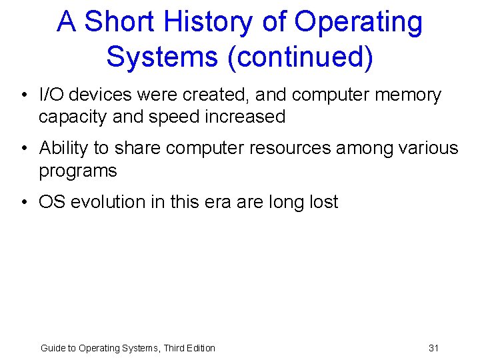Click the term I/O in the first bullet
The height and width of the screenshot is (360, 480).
pyautogui.click(x=52, y=95)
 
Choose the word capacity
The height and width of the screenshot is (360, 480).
pyautogui.click(x=73, y=117)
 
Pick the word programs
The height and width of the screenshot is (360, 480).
pyautogui.click(x=78, y=171)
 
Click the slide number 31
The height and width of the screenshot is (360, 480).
pyautogui.click(x=433, y=348)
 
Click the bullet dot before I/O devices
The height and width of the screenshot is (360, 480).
pyautogui.click(x=23, y=96)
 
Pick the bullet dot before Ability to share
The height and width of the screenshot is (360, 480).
pyautogui.click(x=23, y=148)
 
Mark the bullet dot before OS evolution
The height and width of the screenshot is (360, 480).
pyautogui.click(x=23, y=203)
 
